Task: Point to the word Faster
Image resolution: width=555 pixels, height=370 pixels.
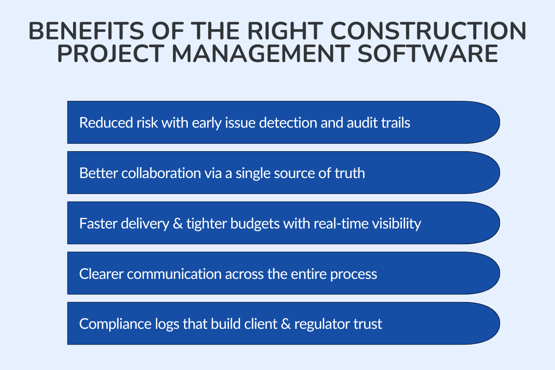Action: pos(98,223)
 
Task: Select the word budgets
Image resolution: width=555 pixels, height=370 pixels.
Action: pos(243,223)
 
